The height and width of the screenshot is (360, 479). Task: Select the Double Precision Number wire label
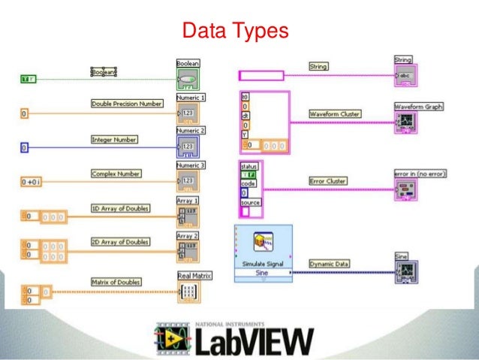point(126,104)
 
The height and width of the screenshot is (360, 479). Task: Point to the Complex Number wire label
point(117,174)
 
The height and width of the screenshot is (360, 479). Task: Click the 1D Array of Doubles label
point(120,208)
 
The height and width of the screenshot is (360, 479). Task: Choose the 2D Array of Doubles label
point(120,242)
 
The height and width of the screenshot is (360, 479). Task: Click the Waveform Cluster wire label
point(336,114)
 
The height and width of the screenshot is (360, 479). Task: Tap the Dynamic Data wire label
point(330,265)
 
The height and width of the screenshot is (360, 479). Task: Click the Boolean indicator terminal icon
point(188,80)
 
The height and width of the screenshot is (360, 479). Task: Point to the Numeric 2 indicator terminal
point(188,146)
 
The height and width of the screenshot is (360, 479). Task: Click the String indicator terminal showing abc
point(405,75)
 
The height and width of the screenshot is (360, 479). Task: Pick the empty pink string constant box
point(261,75)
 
